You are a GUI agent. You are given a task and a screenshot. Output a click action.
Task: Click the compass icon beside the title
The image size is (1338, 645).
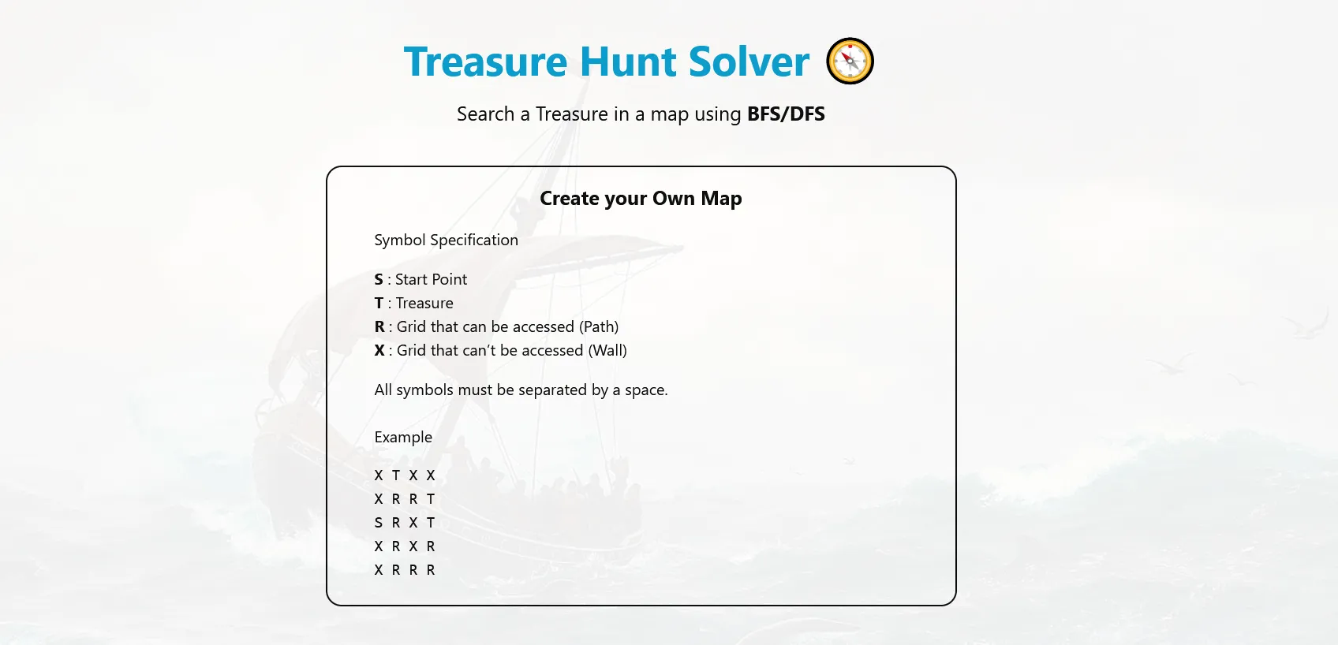click(850, 61)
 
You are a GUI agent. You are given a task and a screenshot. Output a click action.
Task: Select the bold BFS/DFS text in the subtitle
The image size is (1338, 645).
click(786, 114)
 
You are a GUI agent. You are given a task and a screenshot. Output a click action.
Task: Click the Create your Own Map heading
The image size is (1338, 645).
click(641, 199)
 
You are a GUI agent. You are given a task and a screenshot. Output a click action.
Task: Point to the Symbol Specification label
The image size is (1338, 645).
click(446, 240)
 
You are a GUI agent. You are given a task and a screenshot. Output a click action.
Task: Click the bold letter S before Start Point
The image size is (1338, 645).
click(379, 280)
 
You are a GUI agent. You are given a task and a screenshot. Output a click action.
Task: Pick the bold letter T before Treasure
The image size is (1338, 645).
click(379, 304)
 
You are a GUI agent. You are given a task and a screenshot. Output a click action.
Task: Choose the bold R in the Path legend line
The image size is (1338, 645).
click(379, 327)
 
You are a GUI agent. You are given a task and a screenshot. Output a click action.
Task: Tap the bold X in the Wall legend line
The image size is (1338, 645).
click(379, 351)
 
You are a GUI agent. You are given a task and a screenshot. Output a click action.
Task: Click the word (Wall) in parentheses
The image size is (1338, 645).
click(607, 351)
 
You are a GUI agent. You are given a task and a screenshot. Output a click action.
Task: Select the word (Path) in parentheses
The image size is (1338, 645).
click(599, 327)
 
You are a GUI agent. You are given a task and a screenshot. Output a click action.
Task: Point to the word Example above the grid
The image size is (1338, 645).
click(403, 438)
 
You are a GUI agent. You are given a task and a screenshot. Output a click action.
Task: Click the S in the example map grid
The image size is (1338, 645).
click(379, 523)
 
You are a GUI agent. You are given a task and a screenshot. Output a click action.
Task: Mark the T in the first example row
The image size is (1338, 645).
click(396, 475)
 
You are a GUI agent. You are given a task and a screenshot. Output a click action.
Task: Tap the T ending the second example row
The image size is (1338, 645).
click(431, 499)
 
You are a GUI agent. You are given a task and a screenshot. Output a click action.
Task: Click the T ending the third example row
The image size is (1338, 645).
click(431, 523)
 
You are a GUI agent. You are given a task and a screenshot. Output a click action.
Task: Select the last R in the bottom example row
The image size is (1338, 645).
click(431, 570)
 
